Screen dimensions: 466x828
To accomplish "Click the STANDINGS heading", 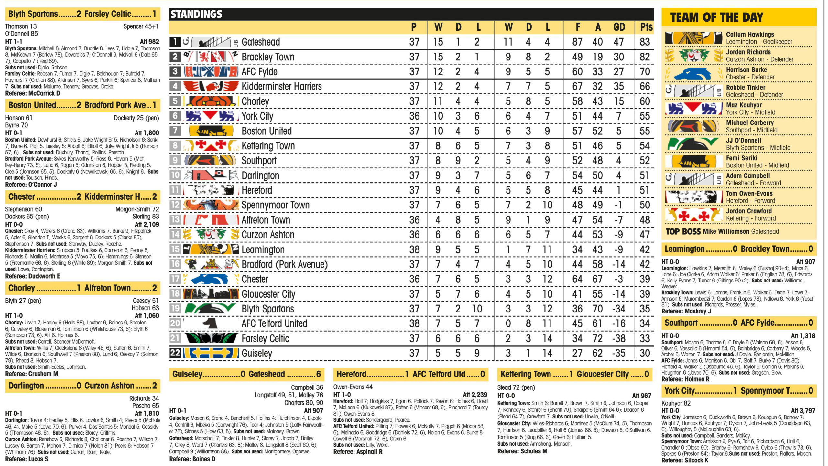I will [196, 14].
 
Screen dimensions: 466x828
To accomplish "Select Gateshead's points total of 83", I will [645, 42].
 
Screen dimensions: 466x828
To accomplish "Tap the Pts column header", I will [646, 27].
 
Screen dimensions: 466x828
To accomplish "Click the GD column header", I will [619, 27].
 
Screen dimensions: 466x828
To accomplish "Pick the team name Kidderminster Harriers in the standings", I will [281, 86].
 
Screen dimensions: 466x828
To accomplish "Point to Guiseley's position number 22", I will [175, 353].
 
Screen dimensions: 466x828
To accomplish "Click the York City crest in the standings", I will [210, 116].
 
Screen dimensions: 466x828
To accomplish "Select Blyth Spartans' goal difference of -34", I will [618, 309].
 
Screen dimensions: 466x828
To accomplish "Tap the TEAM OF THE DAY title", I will [716, 17].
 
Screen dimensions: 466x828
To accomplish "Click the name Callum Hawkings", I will [750, 34].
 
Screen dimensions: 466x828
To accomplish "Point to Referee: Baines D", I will [192, 459].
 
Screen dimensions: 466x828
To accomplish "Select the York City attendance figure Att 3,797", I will [803, 411].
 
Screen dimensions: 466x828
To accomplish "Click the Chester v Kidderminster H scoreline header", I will [82, 196].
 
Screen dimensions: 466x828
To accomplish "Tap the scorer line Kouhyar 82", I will [676, 403].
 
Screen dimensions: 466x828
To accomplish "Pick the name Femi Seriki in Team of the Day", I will [741, 158].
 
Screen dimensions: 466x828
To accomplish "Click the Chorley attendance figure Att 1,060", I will [147, 315].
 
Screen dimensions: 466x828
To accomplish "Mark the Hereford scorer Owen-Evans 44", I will [353, 387].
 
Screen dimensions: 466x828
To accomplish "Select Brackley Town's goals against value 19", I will [597, 57].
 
